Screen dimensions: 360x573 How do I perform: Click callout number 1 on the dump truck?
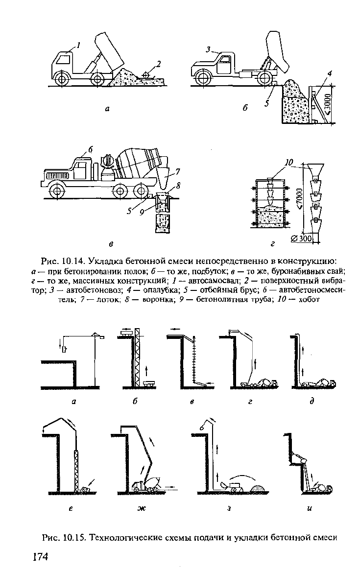click(78, 45)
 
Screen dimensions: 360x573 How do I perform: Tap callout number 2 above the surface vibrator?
click(158, 64)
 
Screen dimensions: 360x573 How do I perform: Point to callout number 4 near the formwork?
click(330, 73)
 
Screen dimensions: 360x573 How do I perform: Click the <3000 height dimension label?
click(328, 103)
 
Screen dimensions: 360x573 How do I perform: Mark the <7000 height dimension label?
click(299, 199)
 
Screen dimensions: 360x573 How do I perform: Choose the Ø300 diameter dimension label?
click(302, 239)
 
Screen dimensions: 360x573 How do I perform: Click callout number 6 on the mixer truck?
click(90, 149)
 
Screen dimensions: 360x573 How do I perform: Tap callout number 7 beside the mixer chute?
click(177, 171)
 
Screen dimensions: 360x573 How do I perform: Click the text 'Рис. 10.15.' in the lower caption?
click(64, 538)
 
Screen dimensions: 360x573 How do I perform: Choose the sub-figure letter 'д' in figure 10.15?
click(312, 401)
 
